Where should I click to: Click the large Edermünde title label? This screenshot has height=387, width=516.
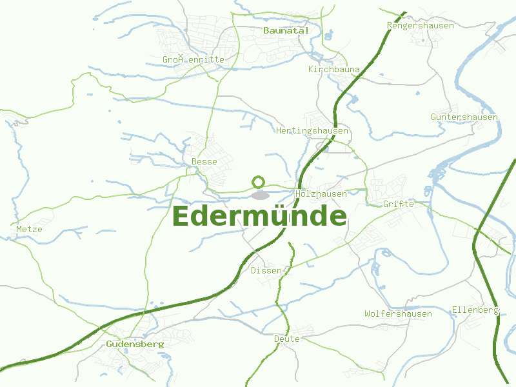(259, 217)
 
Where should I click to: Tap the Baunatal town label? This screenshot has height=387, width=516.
(286, 30)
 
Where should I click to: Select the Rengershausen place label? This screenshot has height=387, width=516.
(420, 26)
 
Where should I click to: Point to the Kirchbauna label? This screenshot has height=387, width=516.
(334, 69)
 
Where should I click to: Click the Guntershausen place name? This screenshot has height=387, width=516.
(464, 117)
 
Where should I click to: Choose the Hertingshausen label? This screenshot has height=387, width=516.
(312, 131)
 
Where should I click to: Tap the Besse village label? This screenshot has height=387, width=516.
(204, 161)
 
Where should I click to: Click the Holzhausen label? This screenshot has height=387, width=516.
(321, 193)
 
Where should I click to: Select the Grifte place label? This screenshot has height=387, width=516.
(398, 204)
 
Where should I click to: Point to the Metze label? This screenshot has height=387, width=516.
(29, 229)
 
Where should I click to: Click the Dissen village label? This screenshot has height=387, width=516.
(266, 270)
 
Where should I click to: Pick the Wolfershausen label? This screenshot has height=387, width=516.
(398, 313)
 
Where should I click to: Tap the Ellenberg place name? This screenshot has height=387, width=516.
(475, 310)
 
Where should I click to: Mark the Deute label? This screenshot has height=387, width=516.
(287, 339)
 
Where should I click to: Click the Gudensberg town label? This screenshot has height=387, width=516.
(135, 344)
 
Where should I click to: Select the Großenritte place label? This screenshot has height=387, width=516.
(193, 60)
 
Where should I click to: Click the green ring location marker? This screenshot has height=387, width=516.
(259, 183)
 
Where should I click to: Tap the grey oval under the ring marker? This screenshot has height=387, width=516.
(260, 195)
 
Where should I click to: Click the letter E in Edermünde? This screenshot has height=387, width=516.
(183, 217)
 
